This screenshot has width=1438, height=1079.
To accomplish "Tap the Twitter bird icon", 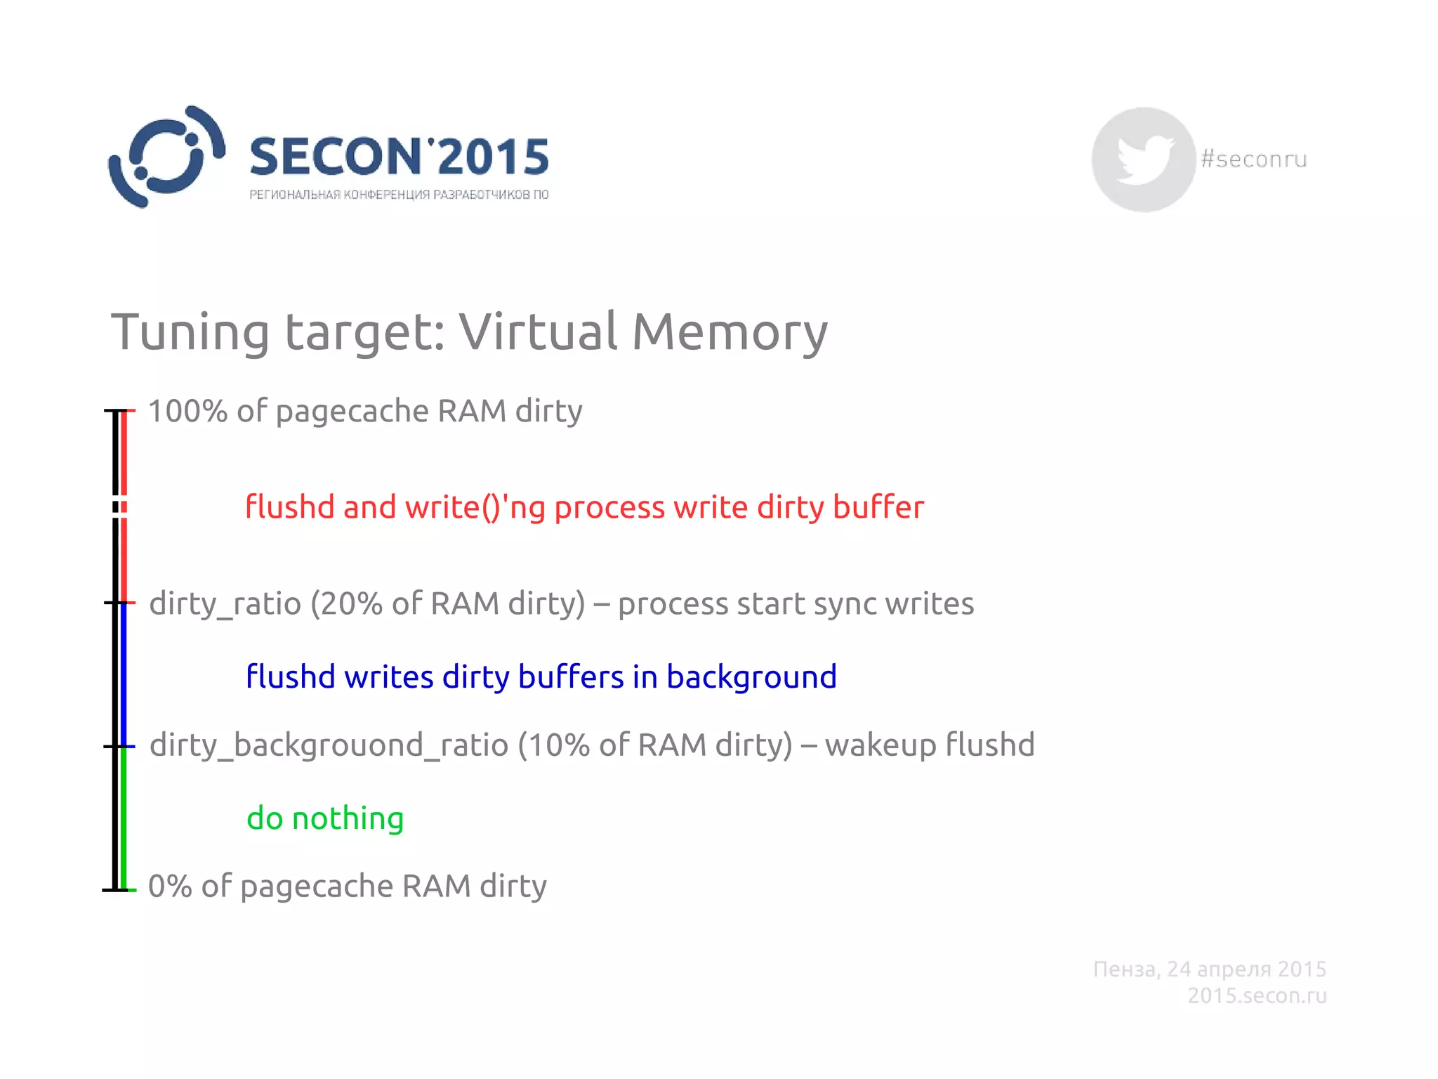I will (x=1144, y=159).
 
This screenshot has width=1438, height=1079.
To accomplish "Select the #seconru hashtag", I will (x=1254, y=159).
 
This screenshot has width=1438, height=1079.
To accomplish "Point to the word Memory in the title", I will (x=730, y=332).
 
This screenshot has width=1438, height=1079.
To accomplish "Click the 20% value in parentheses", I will (x=351, y=603).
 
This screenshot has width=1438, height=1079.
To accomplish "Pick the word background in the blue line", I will (x=751, y=677).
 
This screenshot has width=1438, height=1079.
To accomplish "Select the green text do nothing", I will (x=325, y=818).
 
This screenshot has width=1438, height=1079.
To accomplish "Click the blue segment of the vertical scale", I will (x=124, y=674).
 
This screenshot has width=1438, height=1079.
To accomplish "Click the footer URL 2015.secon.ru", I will (x=1257, y=995).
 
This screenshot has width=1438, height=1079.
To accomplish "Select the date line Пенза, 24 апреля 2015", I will (x=1209, y=969).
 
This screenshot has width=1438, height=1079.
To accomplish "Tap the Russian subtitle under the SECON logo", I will (x=399, y=195).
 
